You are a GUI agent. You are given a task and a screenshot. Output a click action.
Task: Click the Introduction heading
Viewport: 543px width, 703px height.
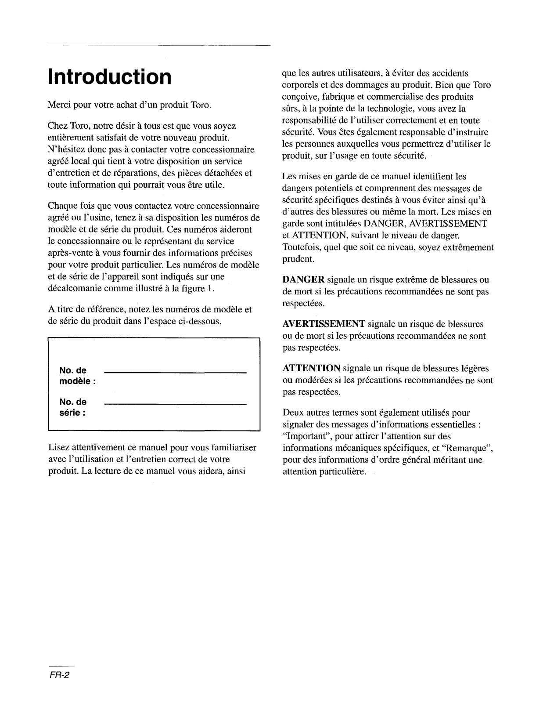[109, 77]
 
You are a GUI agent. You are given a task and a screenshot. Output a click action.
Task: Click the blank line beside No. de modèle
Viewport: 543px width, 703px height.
[176, 373]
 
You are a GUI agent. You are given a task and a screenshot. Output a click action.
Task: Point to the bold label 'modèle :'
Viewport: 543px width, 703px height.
[77, 381]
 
